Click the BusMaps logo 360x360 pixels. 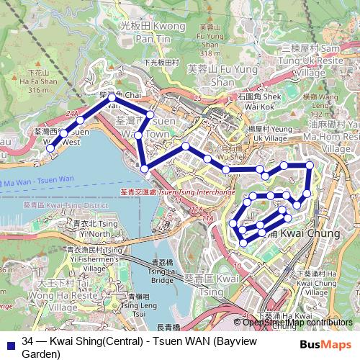tap(325, 344)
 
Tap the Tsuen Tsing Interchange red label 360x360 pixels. tap(178, 192)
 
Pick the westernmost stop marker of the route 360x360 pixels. tap(50, 148)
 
